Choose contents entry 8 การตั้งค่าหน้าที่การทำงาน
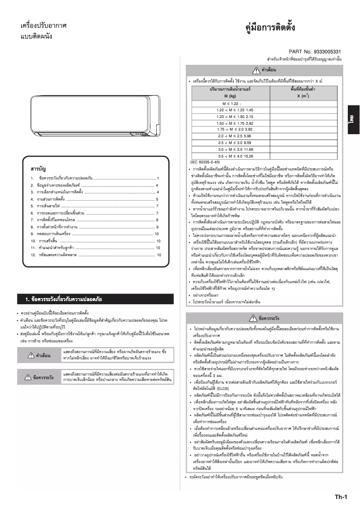(61, 227)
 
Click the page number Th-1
(341, 496)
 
